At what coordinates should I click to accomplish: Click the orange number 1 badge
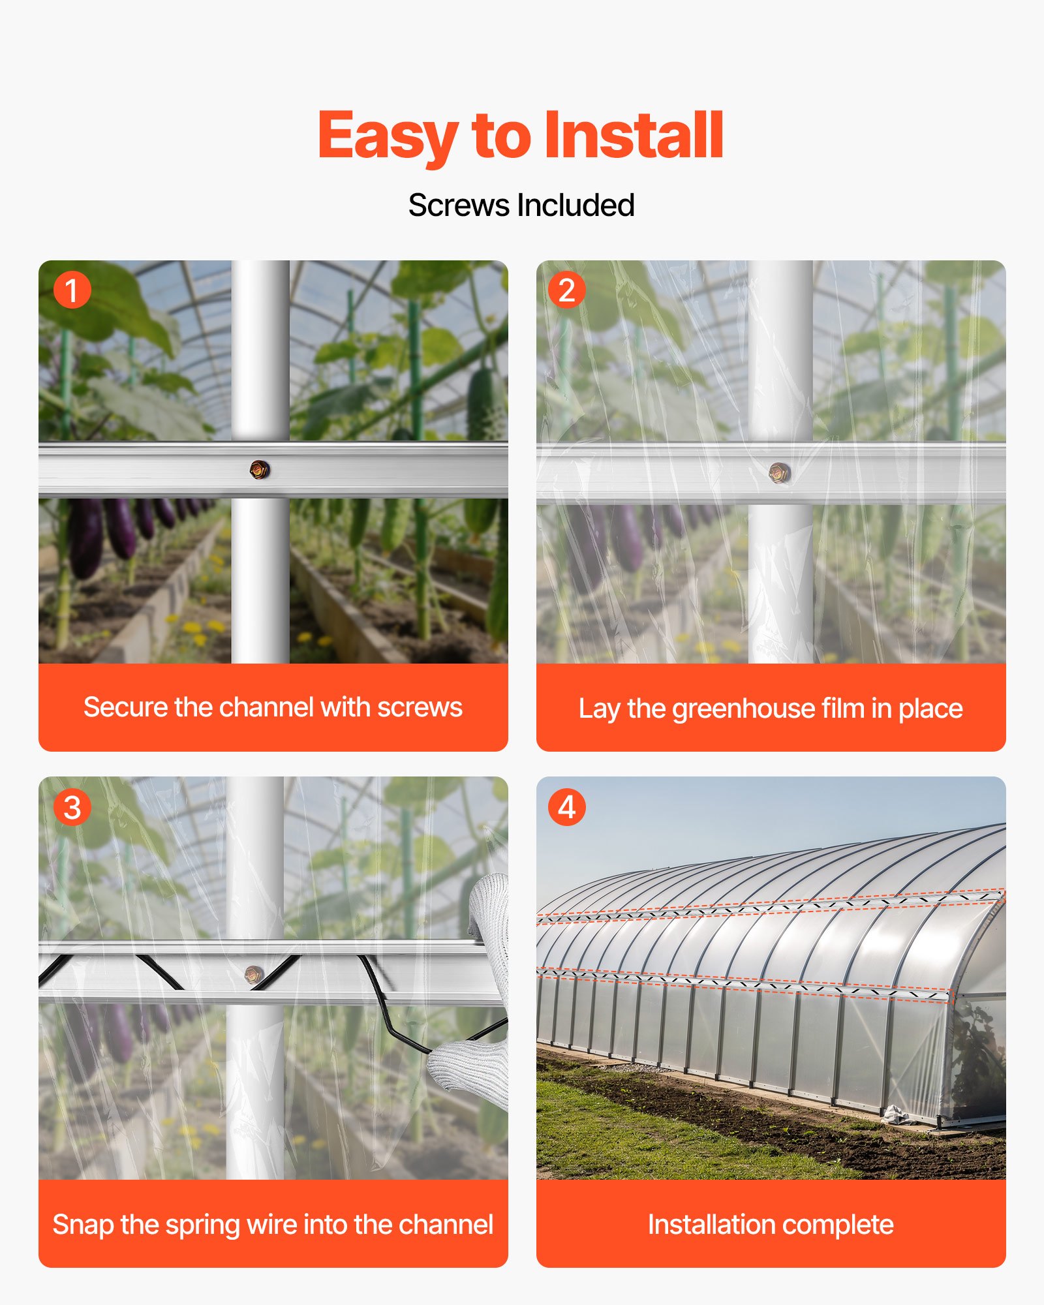click(x=72, y=290)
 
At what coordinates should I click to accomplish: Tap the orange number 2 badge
click(x=566, y=290)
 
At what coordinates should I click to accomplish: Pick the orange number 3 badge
click(x=72, y=808)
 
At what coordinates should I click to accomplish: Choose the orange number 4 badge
click(x=566, y=808)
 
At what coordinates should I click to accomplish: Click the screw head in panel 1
click(x=259, y=469)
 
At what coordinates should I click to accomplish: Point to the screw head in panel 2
click(x=779, y=472)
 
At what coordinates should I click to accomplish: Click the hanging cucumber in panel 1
click(x=482, y=405)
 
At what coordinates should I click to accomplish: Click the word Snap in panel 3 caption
click(x=83, y=1225)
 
